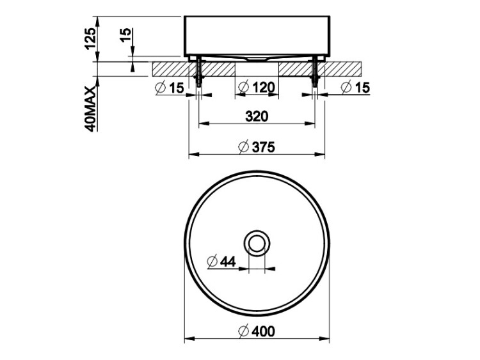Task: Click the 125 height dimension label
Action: point(91,38)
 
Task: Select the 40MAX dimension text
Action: point(91,109)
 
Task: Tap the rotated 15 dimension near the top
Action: point(125,35)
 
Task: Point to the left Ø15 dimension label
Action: point(170,88)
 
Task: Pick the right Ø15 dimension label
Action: point(355,88)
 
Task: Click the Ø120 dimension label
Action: point(257,88)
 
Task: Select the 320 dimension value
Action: point(257,116)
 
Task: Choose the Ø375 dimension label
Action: point(257,147)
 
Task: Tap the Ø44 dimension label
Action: point(221,262)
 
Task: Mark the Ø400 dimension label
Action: point(257,331)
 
